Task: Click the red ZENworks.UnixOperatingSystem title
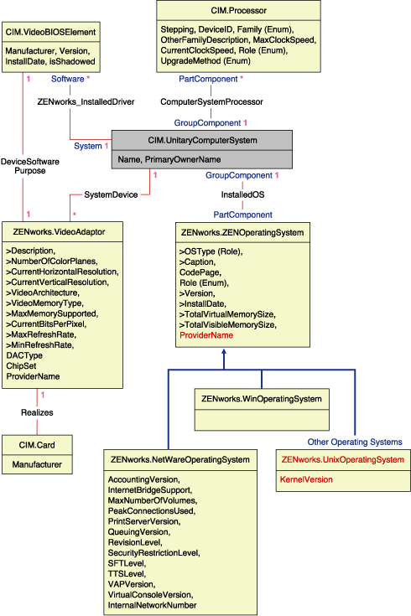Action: tap(343, 459)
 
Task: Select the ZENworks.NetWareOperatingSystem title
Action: tap(179, 459)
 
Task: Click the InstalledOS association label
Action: tap(242, 194)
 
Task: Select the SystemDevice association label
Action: tap(111, 194)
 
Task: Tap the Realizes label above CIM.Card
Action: tap(37, 412)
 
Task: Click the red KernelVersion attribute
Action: tap(307, 479)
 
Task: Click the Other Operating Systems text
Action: tap(354, 442)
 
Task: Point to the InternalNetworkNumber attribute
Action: tap(153, 604)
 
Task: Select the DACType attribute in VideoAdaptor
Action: tap(24, 355)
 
